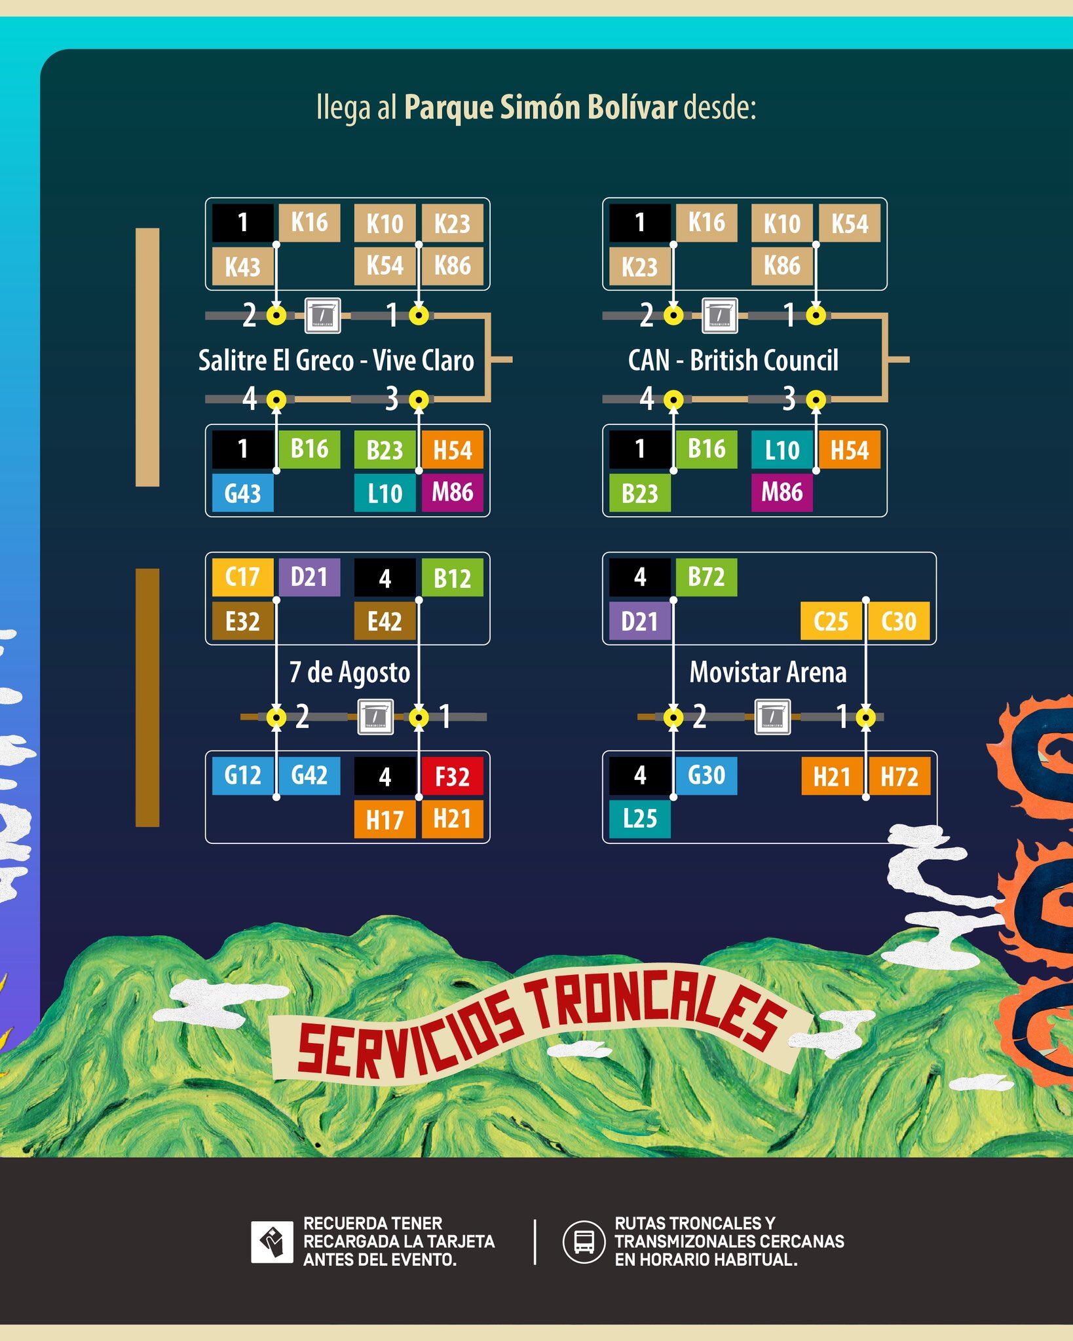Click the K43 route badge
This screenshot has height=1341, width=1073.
click(242, 266)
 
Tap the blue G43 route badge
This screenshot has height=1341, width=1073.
click(242, 492)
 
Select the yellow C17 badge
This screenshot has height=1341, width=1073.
click(242, 577)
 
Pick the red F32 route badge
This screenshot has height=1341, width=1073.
click(453, 776)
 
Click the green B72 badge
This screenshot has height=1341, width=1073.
click(706, 577)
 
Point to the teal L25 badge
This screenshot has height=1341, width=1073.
click(639, 818)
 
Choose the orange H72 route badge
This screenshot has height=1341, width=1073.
click(899, 777)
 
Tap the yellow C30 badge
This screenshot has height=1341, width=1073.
click(899, 621)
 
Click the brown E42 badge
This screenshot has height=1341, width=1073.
click(385, 621)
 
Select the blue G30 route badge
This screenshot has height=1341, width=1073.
click(706, 775)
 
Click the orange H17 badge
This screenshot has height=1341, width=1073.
click(385, 819)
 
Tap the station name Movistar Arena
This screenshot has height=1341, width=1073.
click(768, 672)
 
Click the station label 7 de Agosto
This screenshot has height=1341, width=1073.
click(350, 672)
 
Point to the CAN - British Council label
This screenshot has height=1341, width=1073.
click(733, 360)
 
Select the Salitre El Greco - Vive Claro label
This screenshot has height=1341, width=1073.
click(336, 360)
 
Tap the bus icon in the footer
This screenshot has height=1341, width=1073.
click(584, 1241)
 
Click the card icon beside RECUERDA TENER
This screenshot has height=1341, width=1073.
click(272, 1241)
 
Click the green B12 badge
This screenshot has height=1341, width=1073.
click(453, 578)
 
